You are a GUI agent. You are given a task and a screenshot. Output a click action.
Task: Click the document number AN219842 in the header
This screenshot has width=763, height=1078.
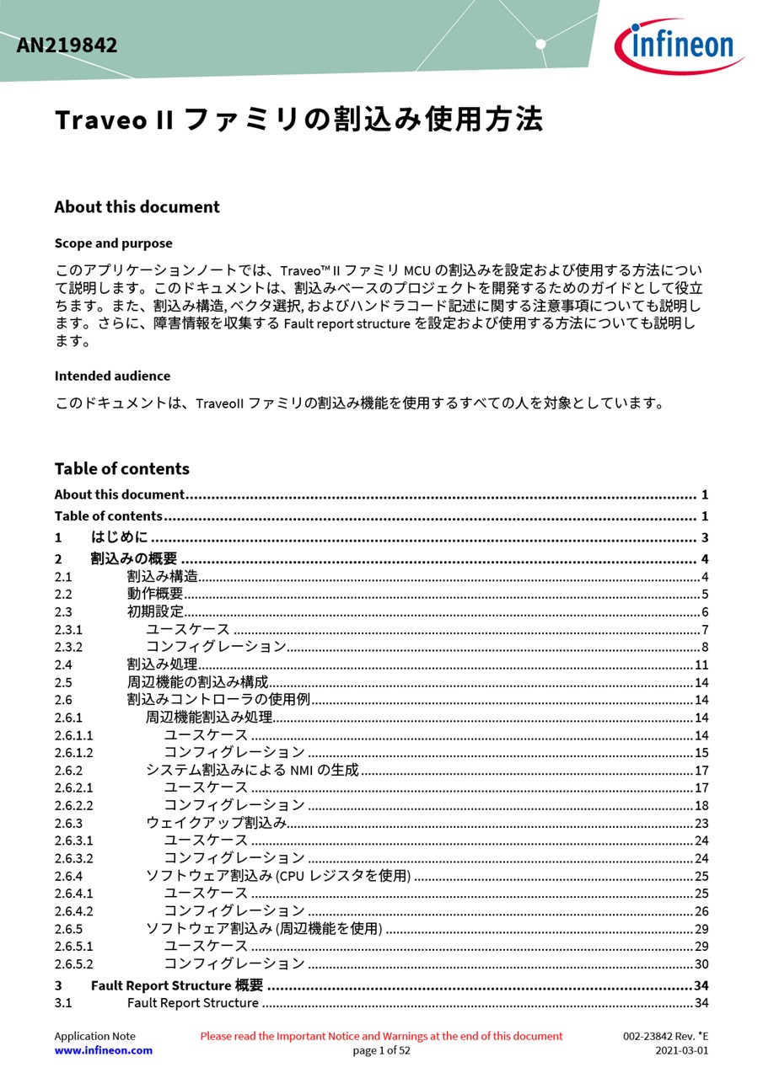(67, 45)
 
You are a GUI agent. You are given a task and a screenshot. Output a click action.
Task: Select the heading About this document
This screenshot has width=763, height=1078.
(137, 207)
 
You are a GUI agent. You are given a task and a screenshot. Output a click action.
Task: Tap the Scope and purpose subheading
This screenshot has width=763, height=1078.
(113, 243)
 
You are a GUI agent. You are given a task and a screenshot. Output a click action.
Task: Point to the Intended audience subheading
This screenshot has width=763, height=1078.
(112, 376)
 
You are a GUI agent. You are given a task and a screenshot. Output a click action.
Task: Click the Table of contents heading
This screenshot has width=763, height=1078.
(122, 469)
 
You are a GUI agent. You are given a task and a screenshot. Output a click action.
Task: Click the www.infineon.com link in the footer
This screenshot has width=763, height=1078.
(104, 1050)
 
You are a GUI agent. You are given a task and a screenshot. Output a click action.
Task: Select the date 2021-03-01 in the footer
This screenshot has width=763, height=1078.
(682, 1050)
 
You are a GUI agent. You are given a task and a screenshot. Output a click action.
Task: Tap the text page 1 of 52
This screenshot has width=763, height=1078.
(381, 1050)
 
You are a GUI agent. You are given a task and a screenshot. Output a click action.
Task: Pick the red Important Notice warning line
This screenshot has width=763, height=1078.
(381, 1036)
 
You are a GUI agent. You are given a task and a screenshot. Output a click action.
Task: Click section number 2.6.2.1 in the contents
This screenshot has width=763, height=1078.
(74, 787)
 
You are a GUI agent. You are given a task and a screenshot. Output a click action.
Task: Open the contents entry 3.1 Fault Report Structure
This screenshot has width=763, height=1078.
(193, 1003)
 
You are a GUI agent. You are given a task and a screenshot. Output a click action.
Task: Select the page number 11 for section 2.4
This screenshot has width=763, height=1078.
(701, 665)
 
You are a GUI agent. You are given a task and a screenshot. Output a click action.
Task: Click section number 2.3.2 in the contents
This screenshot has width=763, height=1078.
(68, 647)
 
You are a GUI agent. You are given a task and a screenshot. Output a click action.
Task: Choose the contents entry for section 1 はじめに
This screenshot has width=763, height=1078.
(119, 537)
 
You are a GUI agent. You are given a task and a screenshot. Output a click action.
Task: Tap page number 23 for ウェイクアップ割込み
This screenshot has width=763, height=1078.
(701, 823)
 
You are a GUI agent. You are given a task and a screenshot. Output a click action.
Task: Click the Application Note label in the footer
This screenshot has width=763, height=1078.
(94, 1036)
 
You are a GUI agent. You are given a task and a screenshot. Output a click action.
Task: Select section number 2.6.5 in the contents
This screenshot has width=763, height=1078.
(68, 929)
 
